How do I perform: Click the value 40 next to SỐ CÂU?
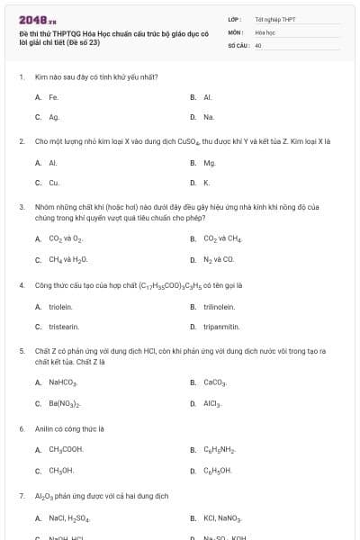258,44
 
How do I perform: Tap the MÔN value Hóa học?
265,31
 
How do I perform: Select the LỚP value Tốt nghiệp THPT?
275,18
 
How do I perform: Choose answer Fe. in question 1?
54,96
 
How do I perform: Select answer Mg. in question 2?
210,163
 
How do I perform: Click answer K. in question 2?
207,183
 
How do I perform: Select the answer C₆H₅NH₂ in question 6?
219,449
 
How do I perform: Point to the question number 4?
21,284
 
